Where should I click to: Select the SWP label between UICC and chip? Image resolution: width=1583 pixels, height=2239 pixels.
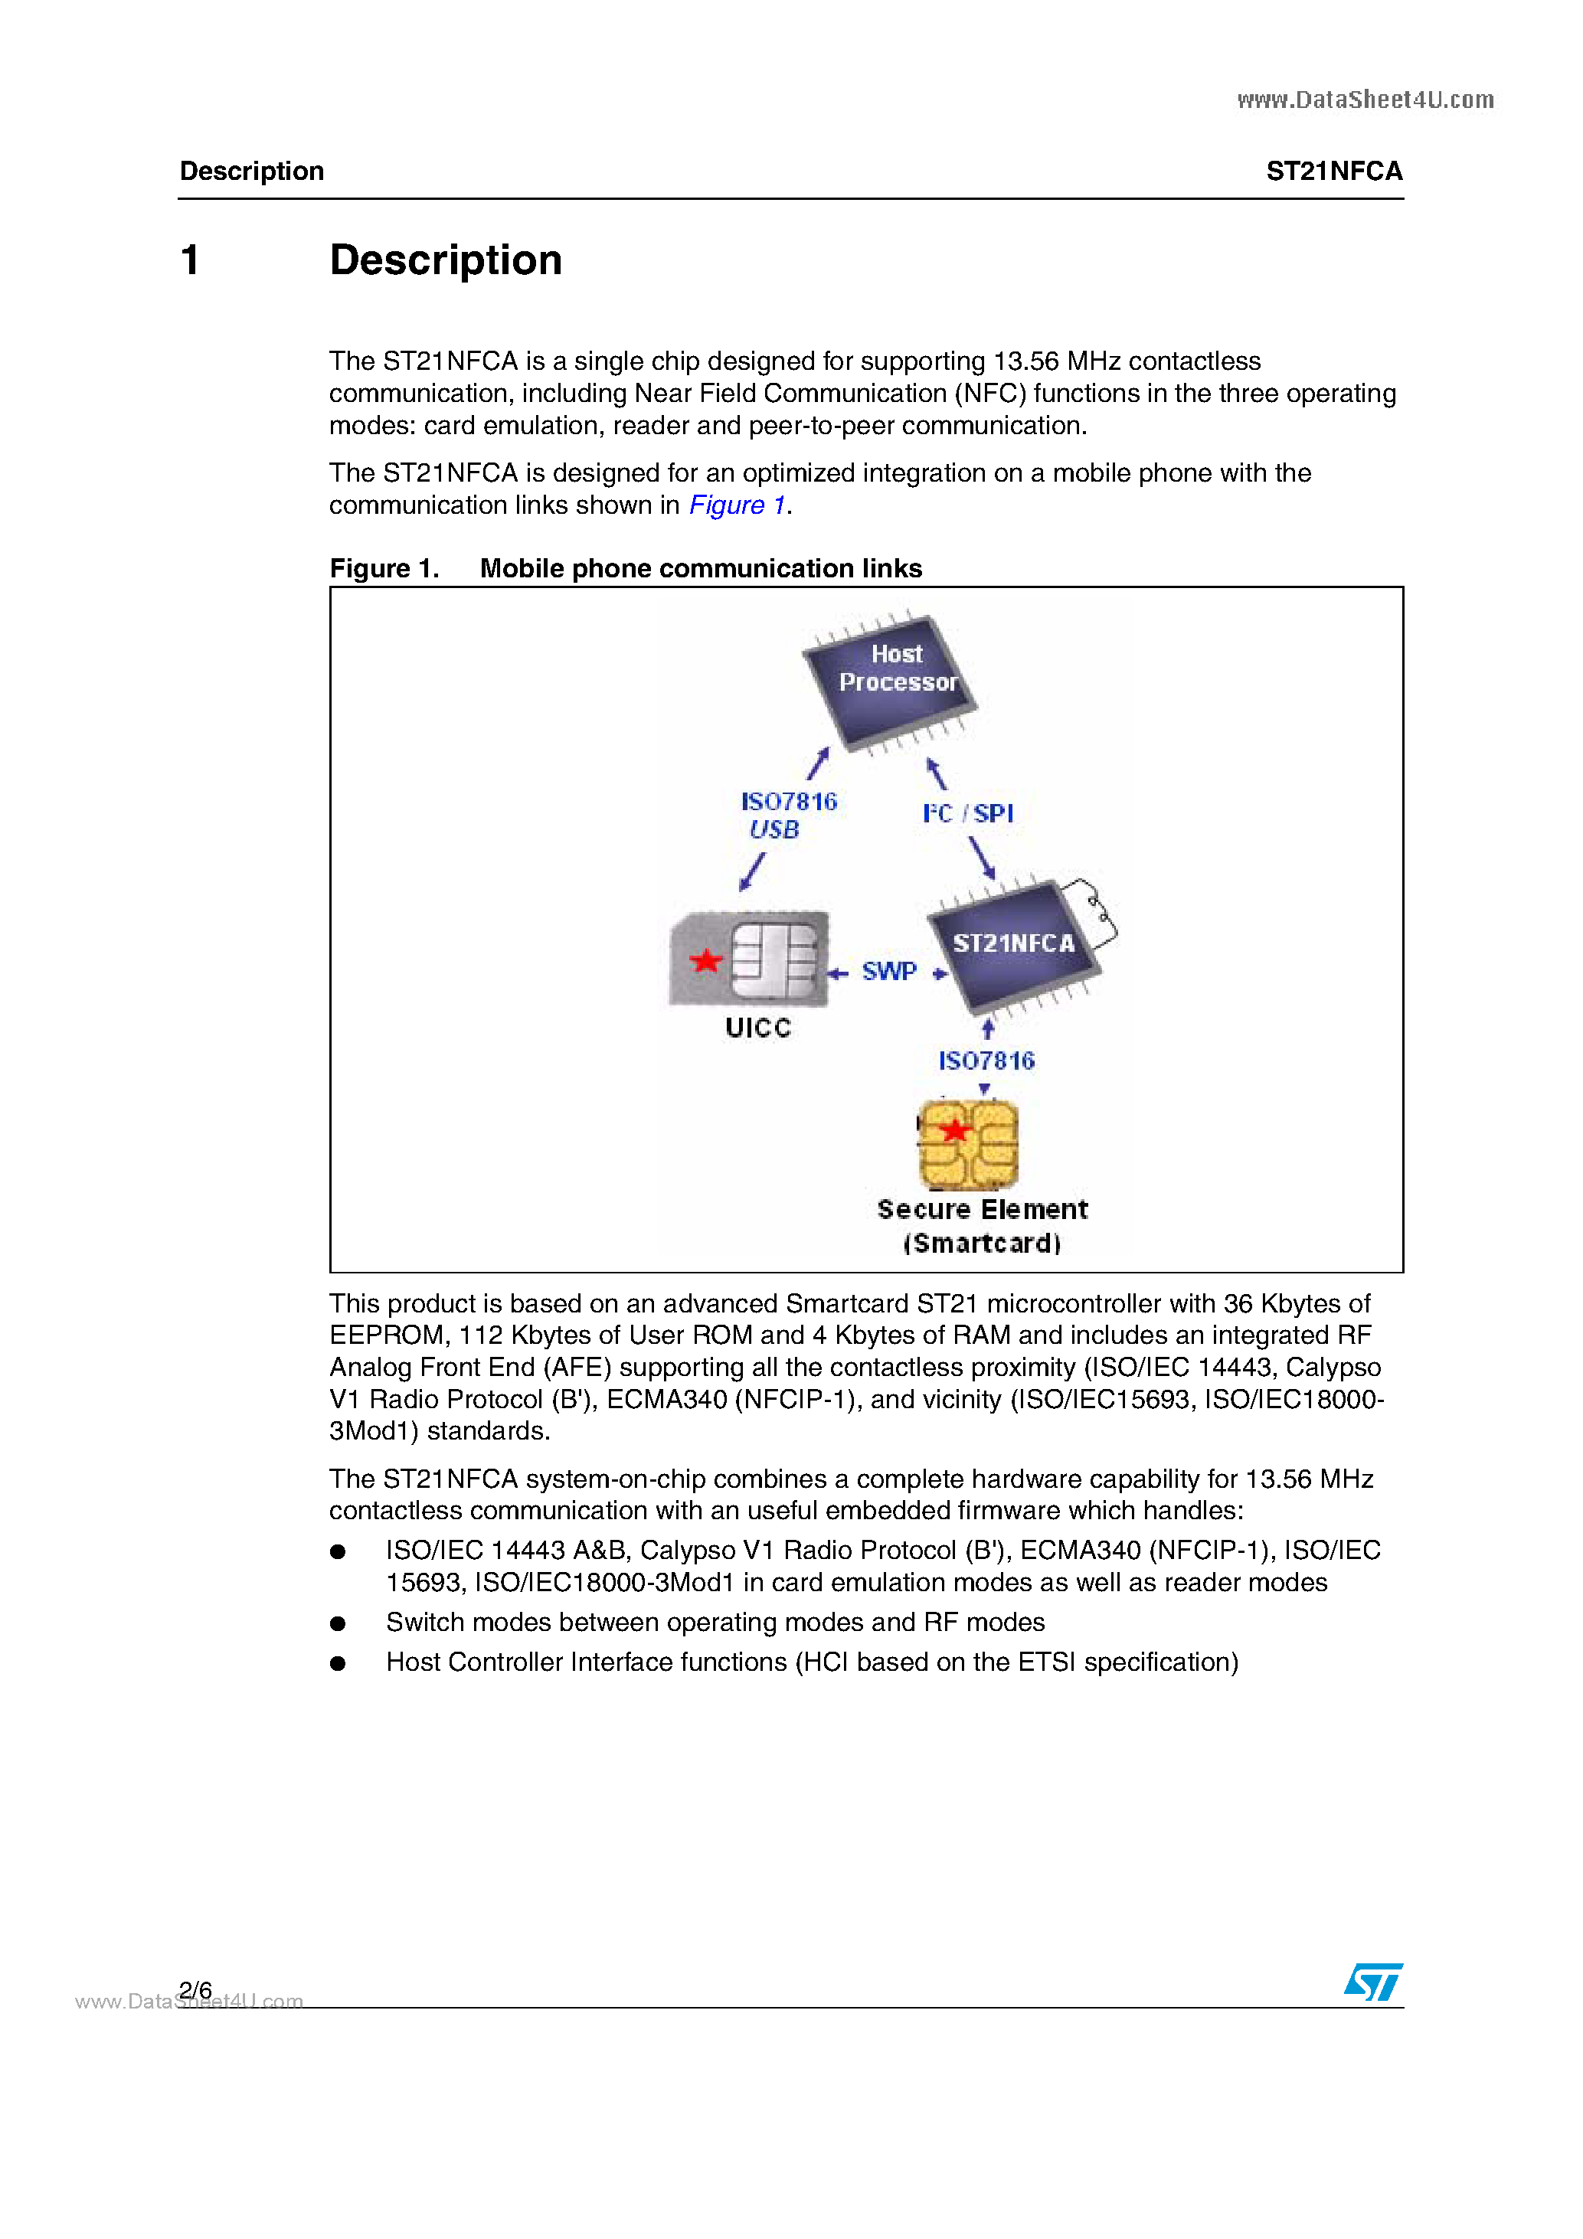(888, 971)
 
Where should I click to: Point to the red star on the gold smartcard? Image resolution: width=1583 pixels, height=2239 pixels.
(954, 1130)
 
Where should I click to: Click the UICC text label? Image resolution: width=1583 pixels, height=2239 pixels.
(758, 1028)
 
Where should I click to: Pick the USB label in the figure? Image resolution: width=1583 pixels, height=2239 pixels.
(774, 830)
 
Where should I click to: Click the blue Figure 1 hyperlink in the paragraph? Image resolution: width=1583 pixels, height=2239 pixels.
(738, 505)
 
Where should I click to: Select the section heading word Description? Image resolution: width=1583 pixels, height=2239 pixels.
(446, 260)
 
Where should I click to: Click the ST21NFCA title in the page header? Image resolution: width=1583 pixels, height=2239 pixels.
(1333, 172)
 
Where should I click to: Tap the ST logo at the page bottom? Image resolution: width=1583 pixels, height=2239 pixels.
(1373, 1982)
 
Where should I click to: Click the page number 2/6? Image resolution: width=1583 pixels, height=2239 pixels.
(195, 1989)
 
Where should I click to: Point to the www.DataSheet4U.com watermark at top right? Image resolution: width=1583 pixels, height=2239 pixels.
(1365, 100)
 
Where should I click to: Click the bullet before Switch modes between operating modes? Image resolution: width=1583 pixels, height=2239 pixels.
(338, 1623)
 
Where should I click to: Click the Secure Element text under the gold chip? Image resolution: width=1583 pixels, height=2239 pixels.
(982, 1209)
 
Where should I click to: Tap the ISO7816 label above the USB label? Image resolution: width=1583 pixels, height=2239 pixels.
(789, 802)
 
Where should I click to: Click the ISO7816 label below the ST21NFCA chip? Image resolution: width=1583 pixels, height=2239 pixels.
(986, 1061)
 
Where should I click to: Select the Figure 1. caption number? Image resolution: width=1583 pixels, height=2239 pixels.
(384, 568)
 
